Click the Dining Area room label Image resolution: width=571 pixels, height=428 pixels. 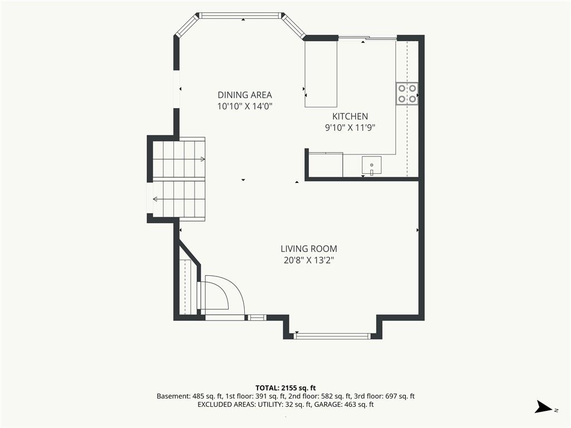(245, 95)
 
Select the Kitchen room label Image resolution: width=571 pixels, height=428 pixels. (350, 116)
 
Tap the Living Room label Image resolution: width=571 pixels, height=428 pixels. (309, 249)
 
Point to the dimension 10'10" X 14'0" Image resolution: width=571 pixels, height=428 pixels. (245, 106)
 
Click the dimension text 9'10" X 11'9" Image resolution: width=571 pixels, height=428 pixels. (350, 128)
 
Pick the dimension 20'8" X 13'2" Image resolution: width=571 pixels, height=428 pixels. (309, 260)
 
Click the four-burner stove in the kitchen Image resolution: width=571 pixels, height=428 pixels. (407, 94)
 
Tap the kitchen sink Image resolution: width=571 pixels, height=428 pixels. (371, 166)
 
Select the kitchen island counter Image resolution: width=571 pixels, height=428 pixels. (321, 74)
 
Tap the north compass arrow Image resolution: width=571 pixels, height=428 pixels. (544, 407)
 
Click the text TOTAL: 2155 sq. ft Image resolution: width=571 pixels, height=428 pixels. (285, 388)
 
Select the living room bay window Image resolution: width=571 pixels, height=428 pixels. (332, 335)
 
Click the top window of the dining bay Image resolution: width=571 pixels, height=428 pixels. (241, 16)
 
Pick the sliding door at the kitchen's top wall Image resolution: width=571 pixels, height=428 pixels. (367, 37)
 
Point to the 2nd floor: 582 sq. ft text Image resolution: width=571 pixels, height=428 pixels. (320, 396)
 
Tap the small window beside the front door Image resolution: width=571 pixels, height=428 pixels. (257, 318)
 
